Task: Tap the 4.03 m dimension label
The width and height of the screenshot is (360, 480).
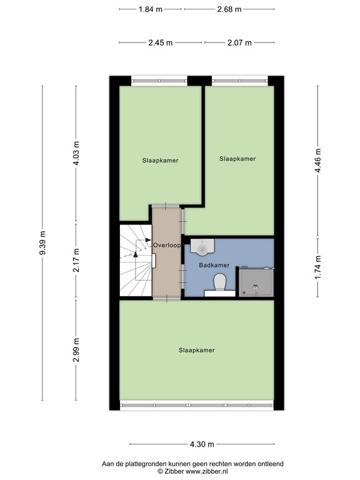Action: click(x=76, y=153)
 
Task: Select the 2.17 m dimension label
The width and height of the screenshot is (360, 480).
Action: click(x=76, y=261)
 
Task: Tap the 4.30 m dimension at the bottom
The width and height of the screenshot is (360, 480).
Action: click(x=201, y=444)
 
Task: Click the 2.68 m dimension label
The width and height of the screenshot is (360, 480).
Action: click(x=229, y=9)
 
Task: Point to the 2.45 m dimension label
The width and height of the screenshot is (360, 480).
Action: click(x=160, y=42)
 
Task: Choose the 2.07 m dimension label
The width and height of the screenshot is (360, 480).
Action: click(x=239, y=42)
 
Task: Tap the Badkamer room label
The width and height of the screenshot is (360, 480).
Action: click(x=214, y=265)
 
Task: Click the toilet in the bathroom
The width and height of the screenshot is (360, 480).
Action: click(x=219, y=284)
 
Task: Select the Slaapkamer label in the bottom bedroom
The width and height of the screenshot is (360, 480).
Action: click(x=196, y=350)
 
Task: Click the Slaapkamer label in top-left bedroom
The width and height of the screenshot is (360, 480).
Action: click(x=160, y=160)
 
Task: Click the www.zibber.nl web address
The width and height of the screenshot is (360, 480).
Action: click(x=209, y=471)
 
